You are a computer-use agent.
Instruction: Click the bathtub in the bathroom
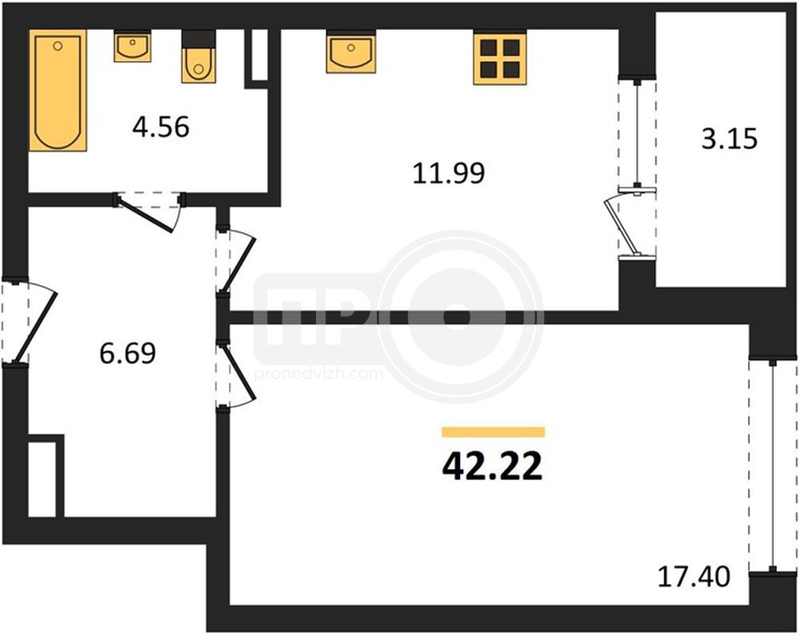(x=58, y=90)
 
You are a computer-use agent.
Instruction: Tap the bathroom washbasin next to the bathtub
(x=132, y=47)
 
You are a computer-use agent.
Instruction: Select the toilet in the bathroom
(x=199, y=56)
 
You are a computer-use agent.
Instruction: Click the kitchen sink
(x=351, y=52)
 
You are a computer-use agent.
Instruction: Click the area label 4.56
(x=161, y=127)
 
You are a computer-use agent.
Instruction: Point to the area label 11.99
(x=448, y=173)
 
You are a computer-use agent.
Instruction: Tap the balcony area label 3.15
(x=729, y=139)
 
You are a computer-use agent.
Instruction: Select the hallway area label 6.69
(x=127, y=353)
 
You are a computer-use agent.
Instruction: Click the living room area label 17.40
(x=694, y=577)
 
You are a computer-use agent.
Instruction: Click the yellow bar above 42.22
(x=493, y=432)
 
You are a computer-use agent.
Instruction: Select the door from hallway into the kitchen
(x=235, y=262)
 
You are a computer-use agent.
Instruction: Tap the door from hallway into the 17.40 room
(x=235, y=374)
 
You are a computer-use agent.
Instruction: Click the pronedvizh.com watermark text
(x=318, y=374)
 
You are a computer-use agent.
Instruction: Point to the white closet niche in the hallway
(x=42, y=479)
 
